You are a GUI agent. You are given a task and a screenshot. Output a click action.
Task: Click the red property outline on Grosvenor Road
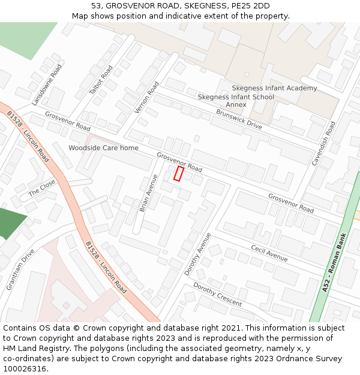[178, 173]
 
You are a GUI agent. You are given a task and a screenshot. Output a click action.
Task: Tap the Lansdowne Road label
[47, 85]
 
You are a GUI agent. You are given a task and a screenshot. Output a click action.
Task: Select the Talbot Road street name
[101, 80]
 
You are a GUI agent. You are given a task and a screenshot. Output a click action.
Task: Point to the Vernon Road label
[147, 97]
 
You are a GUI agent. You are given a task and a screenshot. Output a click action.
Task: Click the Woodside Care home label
[103, 148]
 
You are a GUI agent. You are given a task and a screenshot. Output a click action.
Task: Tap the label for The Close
[42, 188]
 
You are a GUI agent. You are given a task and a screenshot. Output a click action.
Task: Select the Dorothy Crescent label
[217, 294]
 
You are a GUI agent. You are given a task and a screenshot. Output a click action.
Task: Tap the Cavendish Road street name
[323, 143]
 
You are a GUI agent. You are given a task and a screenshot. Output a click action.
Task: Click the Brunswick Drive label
[239, 119]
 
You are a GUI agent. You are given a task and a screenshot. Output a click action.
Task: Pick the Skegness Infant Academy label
[274, 88]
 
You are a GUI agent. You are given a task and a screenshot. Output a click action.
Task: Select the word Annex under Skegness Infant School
[236, 104]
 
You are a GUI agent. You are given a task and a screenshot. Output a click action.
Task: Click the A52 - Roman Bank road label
[334, 263]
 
